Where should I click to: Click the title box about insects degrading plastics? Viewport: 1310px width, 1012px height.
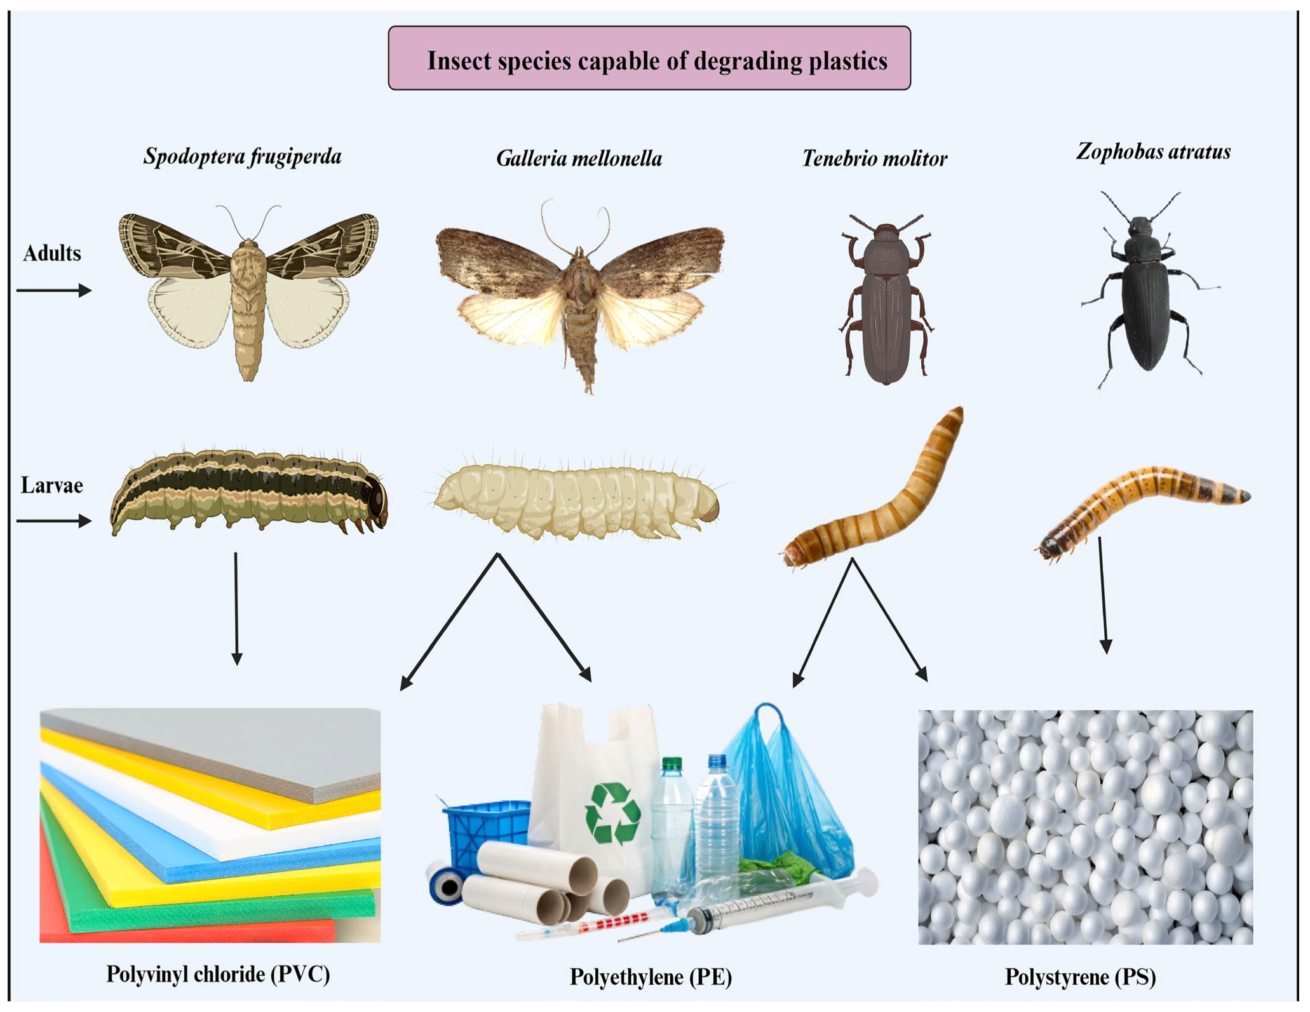click(649, 58)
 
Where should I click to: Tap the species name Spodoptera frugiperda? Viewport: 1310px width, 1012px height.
click(242, 156)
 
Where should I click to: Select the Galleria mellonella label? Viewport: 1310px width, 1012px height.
click(579, 158)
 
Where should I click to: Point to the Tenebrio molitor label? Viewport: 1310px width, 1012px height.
click(874, 158)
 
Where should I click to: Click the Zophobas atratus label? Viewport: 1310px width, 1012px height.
click(1153, 151)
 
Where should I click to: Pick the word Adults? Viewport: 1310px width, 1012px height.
click(52, 253)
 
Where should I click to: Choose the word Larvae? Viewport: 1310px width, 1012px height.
click(51, 485)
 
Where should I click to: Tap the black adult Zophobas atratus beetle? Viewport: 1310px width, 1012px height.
click(1144, 292)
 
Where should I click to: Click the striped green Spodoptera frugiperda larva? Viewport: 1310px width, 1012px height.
click(248, 492)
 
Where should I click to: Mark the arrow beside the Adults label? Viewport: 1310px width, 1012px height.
click(54, 290)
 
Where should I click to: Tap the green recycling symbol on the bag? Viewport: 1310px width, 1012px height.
click(612, 813)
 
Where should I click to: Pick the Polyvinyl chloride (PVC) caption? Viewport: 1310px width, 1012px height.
click(218, 974)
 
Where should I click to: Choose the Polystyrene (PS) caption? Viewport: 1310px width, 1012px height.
click(1080, 976)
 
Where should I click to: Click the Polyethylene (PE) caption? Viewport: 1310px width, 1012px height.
click(651, 976)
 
